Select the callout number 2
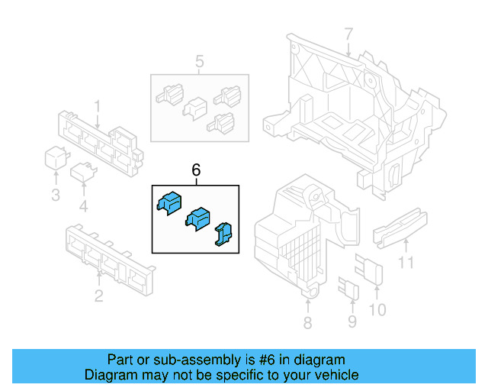point(98,296)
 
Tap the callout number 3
point(56,195)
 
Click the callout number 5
point(199,61)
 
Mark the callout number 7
point(348,34)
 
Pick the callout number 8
point(307,323)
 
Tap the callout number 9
point(352,322)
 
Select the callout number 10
point(377,309)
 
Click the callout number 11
point(406,264)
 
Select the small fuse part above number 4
point(82,173)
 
